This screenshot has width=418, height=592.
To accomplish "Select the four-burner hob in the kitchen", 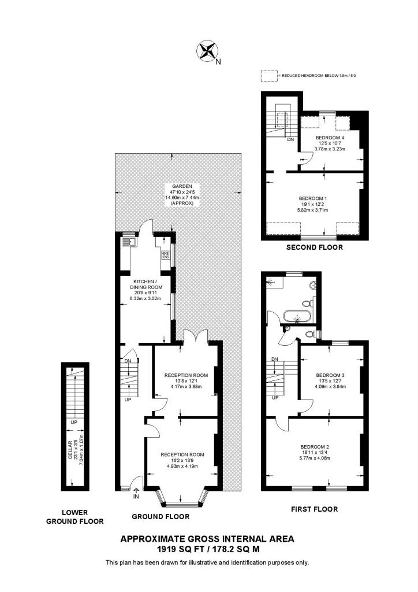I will coord(165,255).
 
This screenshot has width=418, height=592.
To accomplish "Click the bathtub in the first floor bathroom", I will coord(297,316).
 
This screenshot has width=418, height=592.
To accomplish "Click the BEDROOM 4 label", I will coord(329,138).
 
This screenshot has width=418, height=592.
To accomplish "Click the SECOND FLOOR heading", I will coord(315,247).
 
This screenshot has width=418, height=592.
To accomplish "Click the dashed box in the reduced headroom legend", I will coord(268,75).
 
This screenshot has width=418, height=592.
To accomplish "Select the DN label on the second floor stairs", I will coord(290,139).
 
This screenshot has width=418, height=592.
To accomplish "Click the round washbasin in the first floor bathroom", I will coord(312,284).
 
